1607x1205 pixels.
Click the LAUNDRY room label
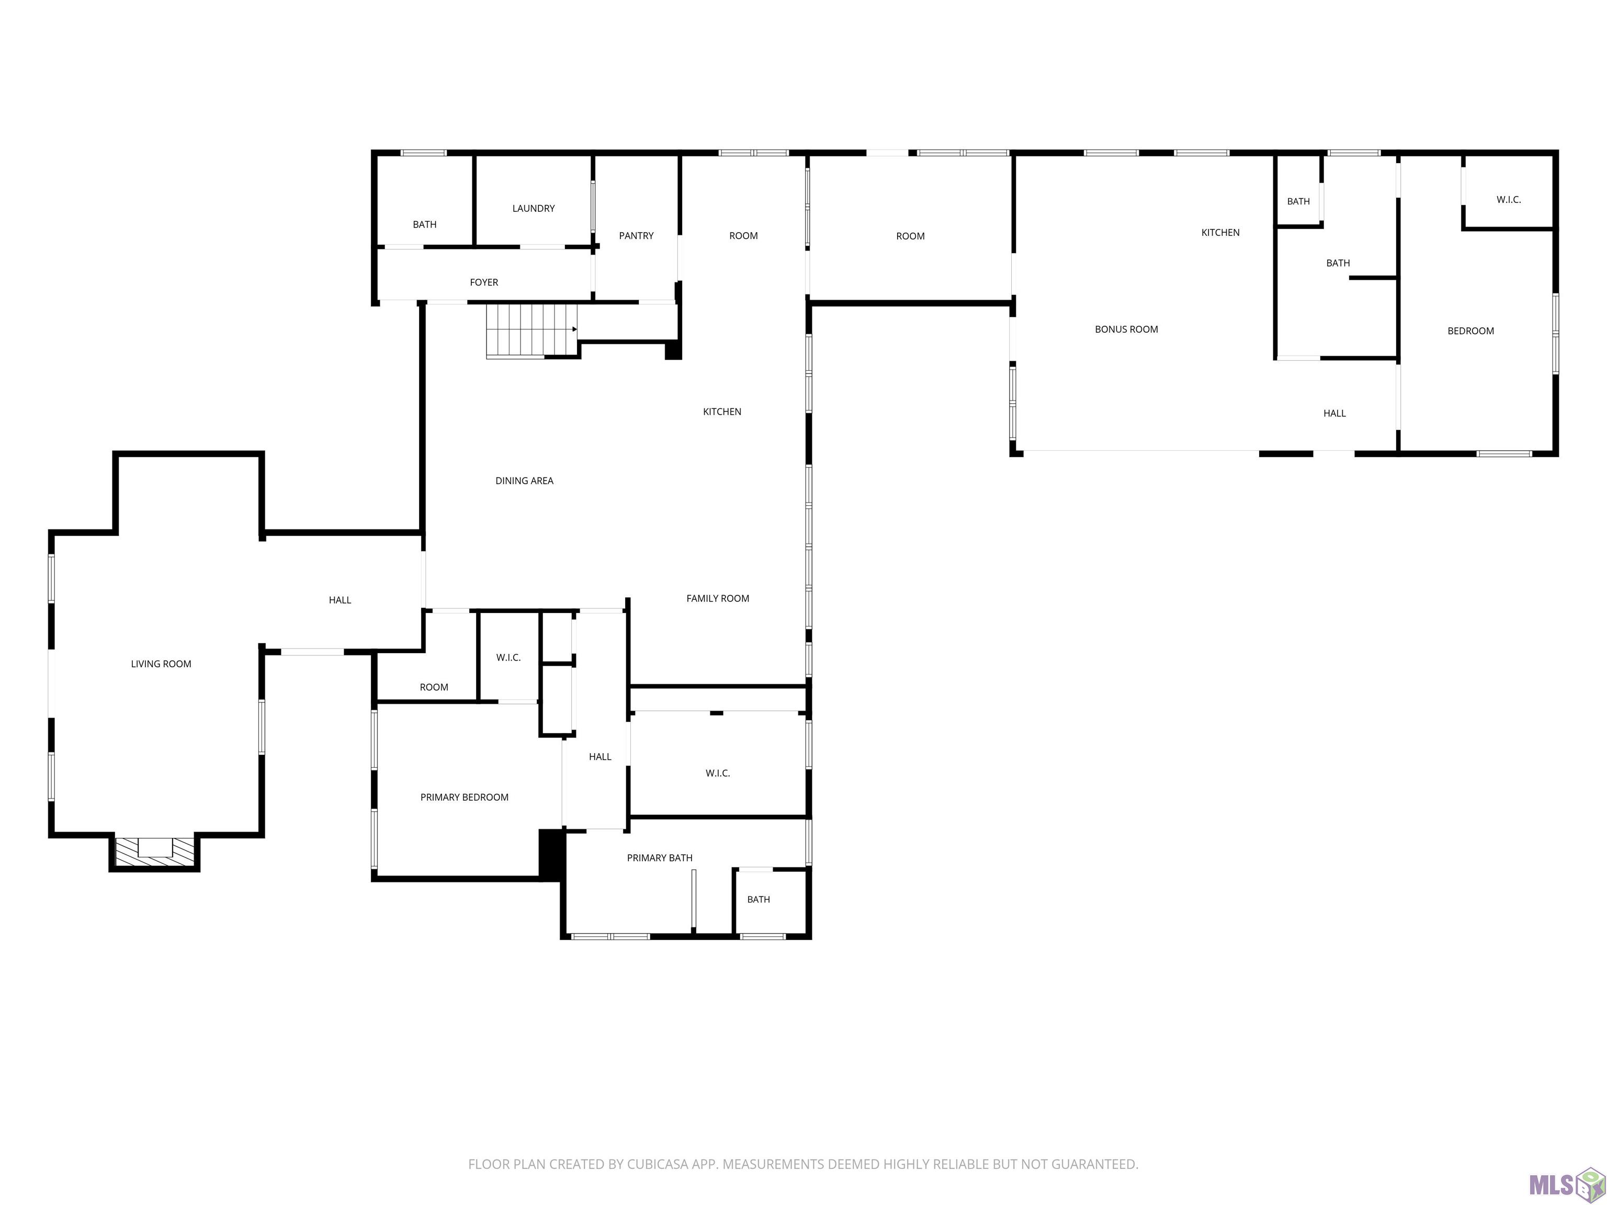(x=533, y=209)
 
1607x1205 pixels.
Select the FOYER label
(x=484, y=282)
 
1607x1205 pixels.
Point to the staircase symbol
(x=533, y=331)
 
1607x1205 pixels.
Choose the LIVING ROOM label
(x=161, y=664)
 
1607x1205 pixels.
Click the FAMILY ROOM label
(x=718, y=598)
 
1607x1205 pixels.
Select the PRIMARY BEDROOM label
(x=464, y=798)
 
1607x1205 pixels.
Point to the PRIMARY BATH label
(x=660, y=858)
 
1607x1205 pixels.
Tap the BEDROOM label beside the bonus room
(x=1470, y=331)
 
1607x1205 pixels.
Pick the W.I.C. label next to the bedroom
(x=1508, y=200)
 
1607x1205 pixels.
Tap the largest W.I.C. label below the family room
(x=718, y=774)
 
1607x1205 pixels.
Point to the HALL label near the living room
(x=340, y=600)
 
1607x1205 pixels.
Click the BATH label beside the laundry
(x=424, y=224)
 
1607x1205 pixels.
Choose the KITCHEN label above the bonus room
(x=1220, y=232)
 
